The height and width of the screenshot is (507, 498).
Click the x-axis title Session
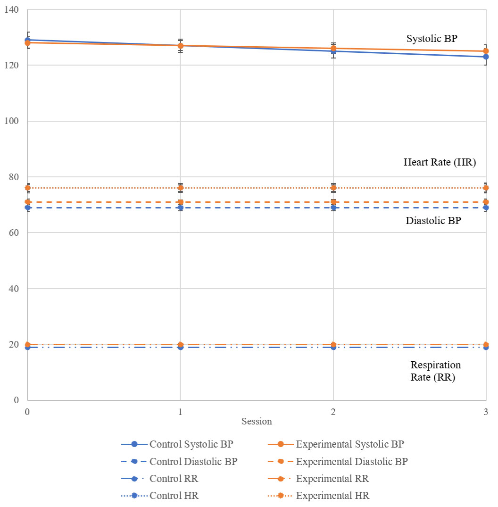[x=257, y=421]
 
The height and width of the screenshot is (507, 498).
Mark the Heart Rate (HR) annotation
[x=440, y=163]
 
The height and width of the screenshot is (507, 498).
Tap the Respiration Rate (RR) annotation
[x=435, y=371]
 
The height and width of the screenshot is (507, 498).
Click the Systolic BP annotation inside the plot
[x=432, y=39]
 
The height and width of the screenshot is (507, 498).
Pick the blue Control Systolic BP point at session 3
[x=486, y=57]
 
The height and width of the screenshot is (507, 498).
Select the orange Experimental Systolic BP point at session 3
[x=486, y=51]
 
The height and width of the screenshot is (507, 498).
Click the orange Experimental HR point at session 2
[x=333, y=188]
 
